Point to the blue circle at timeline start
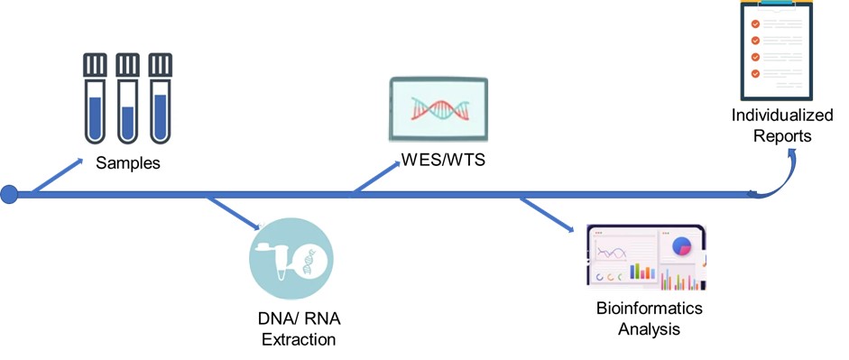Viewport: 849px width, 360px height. click(x=9, y=194)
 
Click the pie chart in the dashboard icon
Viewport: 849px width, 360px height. click(x=683, y=245)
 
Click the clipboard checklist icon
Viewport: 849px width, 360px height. click(x=777, y=50)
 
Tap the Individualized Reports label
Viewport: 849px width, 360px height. click(x=771, y=125)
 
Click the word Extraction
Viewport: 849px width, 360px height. click(x=299, y=340)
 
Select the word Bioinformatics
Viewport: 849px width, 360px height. click(x=649, y=309)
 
